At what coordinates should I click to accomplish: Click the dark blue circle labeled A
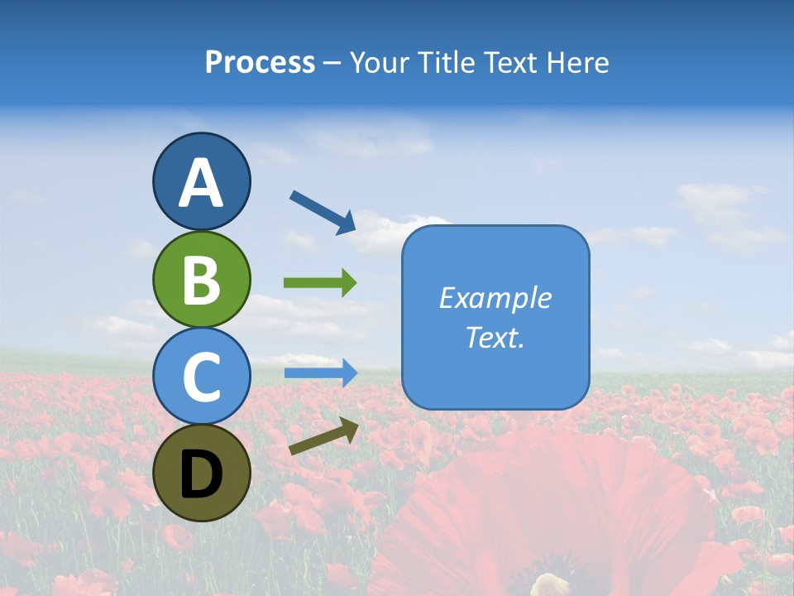pyautogui.click(x=201, y=181)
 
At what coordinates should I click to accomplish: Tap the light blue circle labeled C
pyautogui.click(x=201, y=376)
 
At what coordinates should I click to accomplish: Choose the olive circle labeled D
pyautogui.click(x=201, y=473)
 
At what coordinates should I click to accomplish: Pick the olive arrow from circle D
pyautogui.click(x=323, y=436)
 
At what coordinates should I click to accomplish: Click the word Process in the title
pyautogui.click(x=260, y=62)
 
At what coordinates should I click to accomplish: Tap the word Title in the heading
pyautogui.click(x=444, y=62)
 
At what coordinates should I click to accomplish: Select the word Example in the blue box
pyautogui.click(x=495, y=298)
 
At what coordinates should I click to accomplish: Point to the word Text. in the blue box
pyautogui.click(x=495, y=337)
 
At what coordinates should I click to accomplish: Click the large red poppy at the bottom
pyautogui.click(x=546, y=513)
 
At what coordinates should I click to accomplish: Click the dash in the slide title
pyautogui.click(x=332, y=63)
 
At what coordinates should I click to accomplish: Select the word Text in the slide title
pyautogui.click(x=510, y=62)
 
